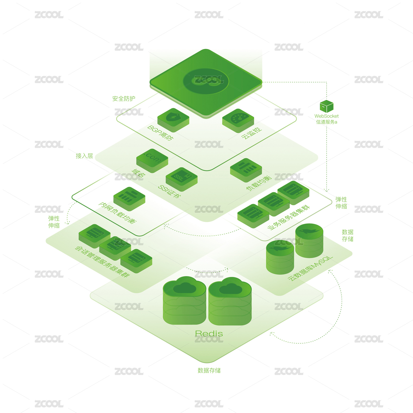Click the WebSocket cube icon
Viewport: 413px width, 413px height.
[x=327, y=106]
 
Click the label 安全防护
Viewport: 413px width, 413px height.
[x=124, y=99]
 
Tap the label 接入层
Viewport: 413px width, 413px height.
[x=84, y=156]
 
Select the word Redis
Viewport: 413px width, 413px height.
[x=209, y=333]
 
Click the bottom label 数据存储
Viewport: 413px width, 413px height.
[x=209, y=370]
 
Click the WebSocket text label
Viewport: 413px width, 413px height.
[x=327, y=116]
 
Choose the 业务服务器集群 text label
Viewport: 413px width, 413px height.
[x=289, y=217]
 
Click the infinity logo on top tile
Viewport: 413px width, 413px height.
[x=206, y=81]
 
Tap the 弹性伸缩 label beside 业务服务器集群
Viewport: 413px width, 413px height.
[x=341, y=203]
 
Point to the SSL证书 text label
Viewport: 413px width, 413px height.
[x=169, y=192]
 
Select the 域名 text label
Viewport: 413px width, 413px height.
[x=138, y=173]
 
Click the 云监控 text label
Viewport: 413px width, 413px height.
[x=251, y=133]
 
